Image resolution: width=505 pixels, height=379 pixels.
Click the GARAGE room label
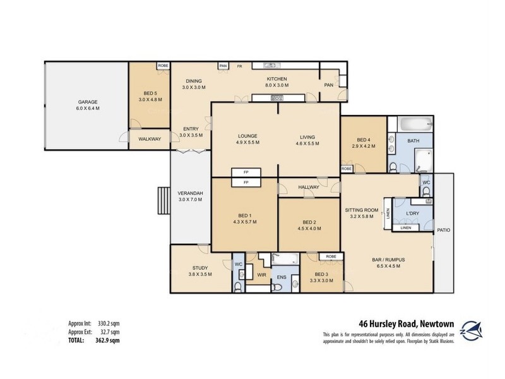88,102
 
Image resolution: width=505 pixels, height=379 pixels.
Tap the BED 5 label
150,92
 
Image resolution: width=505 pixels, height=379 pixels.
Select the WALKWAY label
150,139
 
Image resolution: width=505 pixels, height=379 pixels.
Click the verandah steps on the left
163,202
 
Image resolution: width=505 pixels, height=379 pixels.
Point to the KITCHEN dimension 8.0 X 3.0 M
277,85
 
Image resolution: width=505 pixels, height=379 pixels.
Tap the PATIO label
443,231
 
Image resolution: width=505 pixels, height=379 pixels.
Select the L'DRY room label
413,214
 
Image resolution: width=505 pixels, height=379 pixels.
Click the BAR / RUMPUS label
388,260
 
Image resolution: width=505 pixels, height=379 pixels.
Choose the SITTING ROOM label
361,210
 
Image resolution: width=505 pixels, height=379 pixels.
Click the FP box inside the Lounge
246,172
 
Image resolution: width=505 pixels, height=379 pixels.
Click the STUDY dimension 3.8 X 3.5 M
200,274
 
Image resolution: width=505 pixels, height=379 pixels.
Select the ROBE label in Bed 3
330,256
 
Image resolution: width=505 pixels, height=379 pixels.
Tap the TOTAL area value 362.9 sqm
107,340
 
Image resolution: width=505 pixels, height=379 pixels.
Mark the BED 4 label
363,140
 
